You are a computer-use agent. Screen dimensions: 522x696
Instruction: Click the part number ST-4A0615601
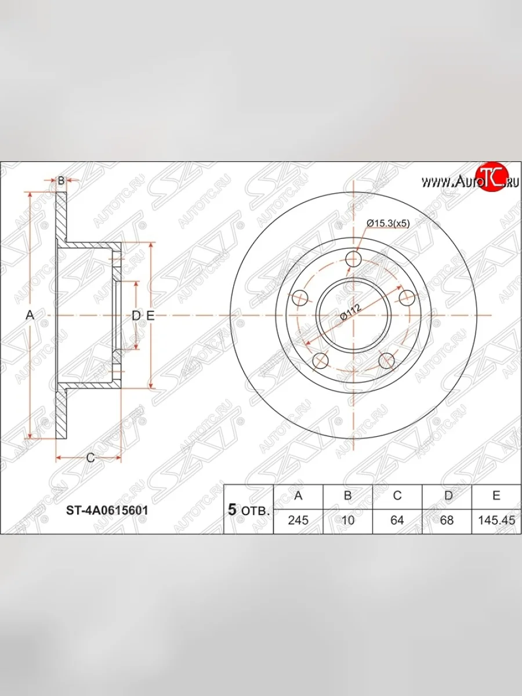click(x=107, y=510)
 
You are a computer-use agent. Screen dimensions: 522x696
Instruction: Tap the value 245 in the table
click(x=298, y=520)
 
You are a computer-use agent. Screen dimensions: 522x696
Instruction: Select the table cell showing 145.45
click(x=496, y=520)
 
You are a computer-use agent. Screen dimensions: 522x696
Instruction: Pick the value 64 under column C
click(x=397, y=520)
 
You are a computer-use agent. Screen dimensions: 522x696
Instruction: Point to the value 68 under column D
click(x=447, y=520)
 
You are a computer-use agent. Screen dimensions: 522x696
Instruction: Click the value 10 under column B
click(x=347, y=520)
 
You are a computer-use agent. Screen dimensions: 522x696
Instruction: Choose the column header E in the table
click(x=496, y=495)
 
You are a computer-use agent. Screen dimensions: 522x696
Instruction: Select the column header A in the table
click(x=298, y=495)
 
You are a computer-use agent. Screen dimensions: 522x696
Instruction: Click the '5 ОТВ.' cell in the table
click(x=249, y=510)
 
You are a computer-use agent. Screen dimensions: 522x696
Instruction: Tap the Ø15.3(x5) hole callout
click(x=388, y=223)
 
